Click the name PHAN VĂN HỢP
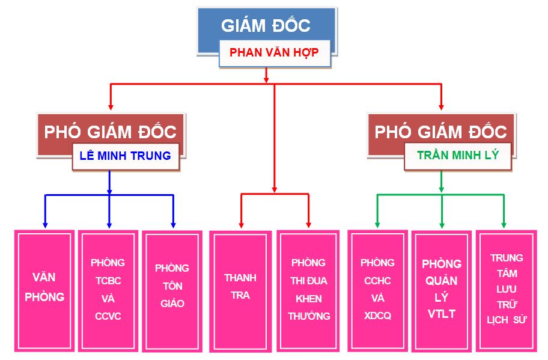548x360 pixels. pyautogui.click(x=274, y=52)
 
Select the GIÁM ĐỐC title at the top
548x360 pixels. pyautogui.click(x=266, y=25)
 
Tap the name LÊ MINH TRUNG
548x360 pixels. pyautogui.click(x=126, y=156)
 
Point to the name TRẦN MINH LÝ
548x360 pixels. pyautogui.click(x=458, y=155)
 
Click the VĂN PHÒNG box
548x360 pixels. pyautogui.click(x=44, y=291)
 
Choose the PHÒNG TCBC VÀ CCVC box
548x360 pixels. pyautogui.click(x=108, y=291)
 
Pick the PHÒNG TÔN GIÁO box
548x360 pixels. pyautogui.click(x=172, y=291)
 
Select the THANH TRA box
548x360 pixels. pyautogui.click(x=240, y=291)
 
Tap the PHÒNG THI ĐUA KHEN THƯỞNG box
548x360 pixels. pyautogui.click(x=308, y=291)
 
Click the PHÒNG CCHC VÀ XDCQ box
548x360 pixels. pyautogui.click(x=377, y=290)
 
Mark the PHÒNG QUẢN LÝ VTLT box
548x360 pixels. pyautogui.click(x=442, y=291)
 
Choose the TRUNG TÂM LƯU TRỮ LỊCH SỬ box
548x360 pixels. pyautogui.click(x=507, y=291)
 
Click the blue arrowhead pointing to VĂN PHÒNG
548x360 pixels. pyautogui.click(x=44, y=225)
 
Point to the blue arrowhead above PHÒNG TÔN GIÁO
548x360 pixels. pyautogui.click(x=173, y=225)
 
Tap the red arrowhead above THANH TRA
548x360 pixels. pyautogui.click(x=241, y=225)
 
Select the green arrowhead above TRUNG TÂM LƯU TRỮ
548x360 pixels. pyautogui.click(x=504, y=225)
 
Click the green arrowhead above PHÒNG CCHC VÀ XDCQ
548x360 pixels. pyautogui.click(x=377, y=225)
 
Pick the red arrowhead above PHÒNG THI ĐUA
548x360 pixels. pyautogui.click(x=309, y=225)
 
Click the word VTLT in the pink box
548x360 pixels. pyautogui.click(x=442, y=314)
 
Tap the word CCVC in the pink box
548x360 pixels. pyautogui.click(x=108, y=316)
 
